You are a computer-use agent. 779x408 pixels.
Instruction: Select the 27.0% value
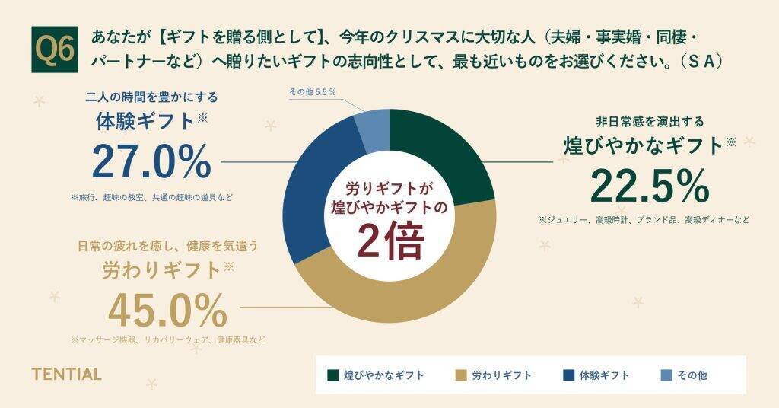pos(151,161)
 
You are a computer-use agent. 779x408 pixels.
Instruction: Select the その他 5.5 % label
pos(312,91)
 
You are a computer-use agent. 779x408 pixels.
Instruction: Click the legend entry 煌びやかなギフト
pos(376,375)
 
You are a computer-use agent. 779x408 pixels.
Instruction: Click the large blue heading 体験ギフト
pos(145,121)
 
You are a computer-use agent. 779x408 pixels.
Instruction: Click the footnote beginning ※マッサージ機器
pos(168,339)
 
